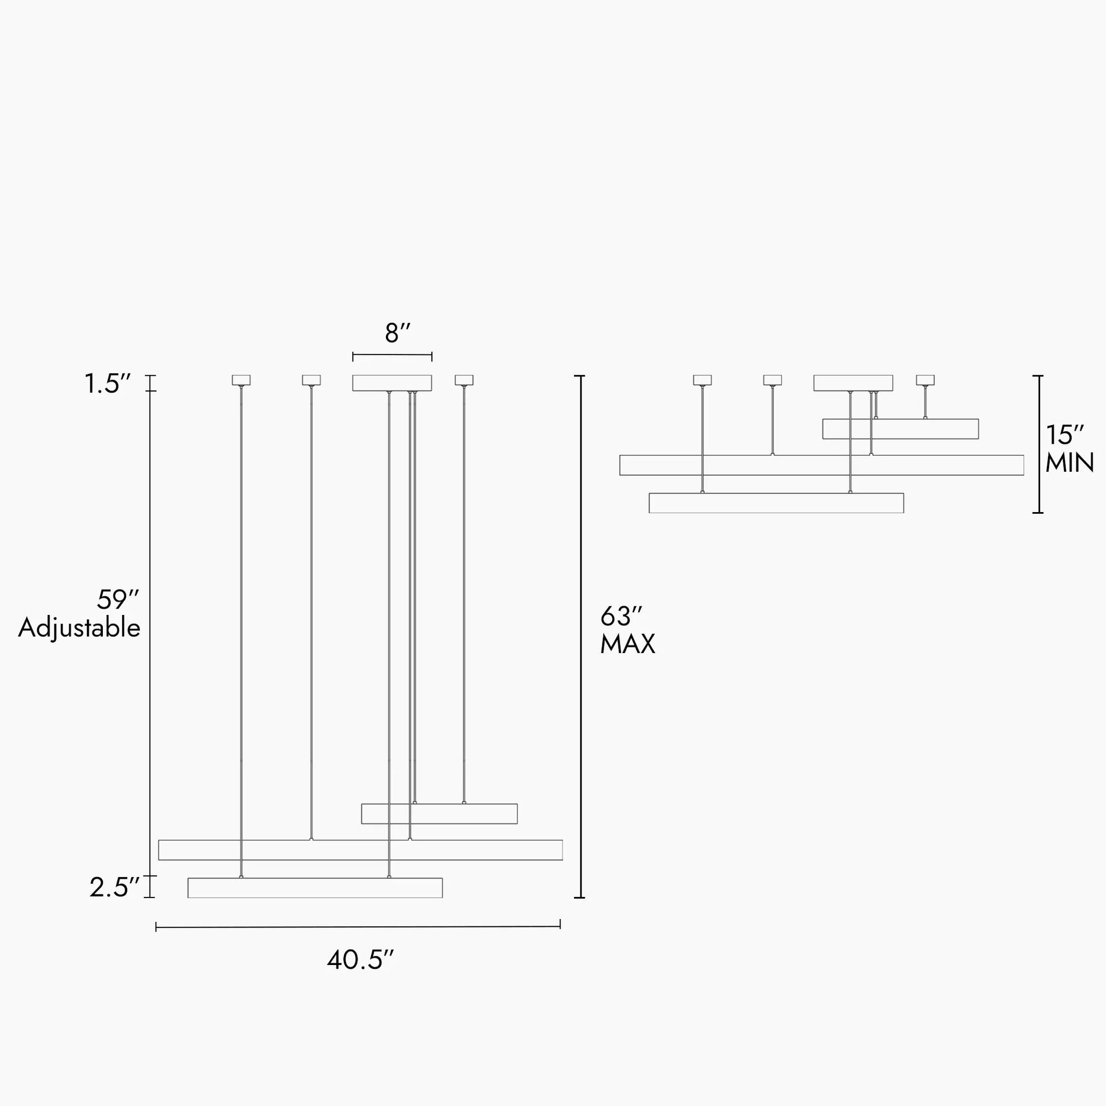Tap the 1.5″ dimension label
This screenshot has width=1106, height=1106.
[108, 384]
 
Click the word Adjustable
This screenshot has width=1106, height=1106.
[79, 629]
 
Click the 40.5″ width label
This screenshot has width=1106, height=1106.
[361, 960]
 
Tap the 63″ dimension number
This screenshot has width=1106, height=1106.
[622, 617]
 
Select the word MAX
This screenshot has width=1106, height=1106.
[627, 645]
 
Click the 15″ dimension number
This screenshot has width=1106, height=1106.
[1064, 436]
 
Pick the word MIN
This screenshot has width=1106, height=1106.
[1070, 463]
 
